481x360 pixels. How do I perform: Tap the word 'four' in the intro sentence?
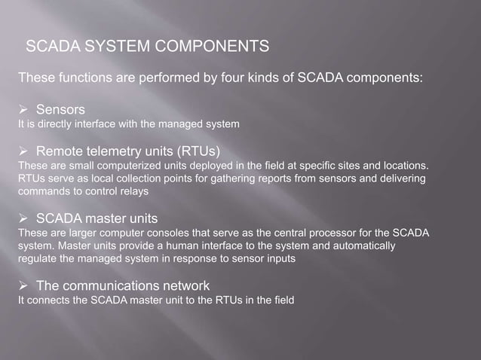(x=263, y=77)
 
